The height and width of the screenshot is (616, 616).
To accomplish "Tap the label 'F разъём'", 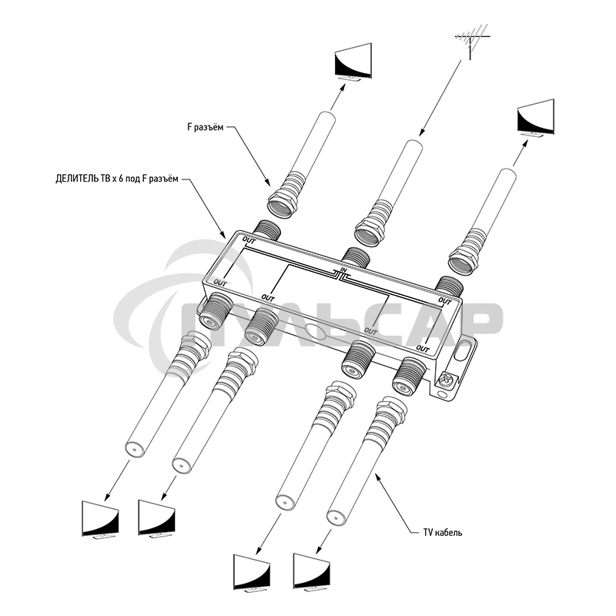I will point(206,129).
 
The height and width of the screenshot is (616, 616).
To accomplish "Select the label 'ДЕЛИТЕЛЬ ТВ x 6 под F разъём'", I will point(117,179).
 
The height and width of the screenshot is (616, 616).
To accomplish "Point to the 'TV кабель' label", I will point(442,532).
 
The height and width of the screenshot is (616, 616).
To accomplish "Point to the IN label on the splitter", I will point(344,270).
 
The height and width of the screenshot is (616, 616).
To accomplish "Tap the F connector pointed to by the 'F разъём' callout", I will point(284,199).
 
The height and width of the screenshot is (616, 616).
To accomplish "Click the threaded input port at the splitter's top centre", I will point(356,258).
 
